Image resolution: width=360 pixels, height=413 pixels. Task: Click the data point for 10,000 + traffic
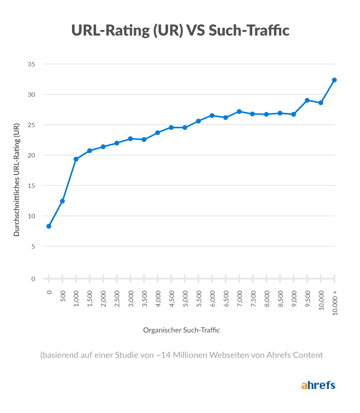[x=334, y=80]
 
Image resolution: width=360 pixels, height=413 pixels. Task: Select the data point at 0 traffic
[x=49, y=226]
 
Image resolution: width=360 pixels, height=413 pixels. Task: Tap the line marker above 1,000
[x=76, y=159]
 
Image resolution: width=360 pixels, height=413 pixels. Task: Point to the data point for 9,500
[x=307, y=100]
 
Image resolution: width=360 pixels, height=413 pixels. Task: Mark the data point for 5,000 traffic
[x=185, y=128]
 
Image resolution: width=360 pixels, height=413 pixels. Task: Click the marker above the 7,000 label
[x=239, y=112]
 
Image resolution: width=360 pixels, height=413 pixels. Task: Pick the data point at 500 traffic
[x=62, y=201]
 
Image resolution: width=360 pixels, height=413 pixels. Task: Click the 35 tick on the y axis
[x=32, y=64]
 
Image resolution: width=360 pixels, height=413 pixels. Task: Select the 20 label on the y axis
[x=32, y=155]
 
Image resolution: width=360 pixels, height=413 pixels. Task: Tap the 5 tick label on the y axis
[x=33, y=246]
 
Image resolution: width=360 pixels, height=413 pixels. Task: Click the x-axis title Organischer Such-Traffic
[x=182, y=330]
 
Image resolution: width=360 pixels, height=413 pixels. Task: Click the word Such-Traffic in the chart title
[x=250, y=30]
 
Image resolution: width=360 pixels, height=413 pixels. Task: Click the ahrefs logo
[x=318, y=385]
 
